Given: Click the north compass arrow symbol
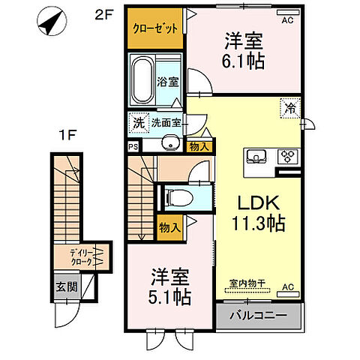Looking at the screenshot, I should coord(49,22).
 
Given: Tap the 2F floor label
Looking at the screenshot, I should coord(105,14).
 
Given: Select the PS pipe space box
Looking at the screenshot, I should coord(133,148).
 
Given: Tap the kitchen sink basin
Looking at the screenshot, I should coord(256,157).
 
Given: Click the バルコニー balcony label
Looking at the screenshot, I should coord(259,315).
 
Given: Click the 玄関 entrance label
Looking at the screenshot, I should coord(65,286).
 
